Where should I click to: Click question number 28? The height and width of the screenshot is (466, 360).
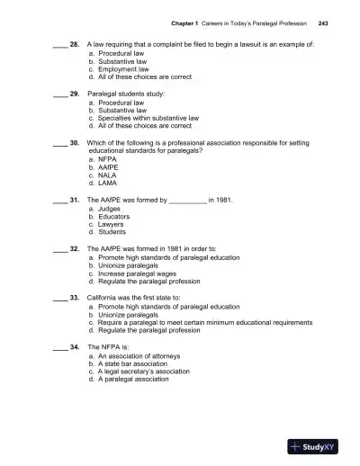pos(75,42)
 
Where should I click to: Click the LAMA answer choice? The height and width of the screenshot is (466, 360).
pos(109,183)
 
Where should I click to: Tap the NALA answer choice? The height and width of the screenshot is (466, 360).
pos(109,175)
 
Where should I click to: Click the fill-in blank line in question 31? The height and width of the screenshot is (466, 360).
pos(187,200)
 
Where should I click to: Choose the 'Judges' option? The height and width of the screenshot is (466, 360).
pos(112,209)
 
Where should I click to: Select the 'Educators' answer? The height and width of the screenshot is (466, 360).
pos(116,217)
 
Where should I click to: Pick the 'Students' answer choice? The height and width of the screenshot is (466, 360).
pos(114,232)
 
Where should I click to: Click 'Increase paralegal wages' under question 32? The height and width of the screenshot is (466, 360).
pos(139,274)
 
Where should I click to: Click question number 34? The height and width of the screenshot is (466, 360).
pos(75,346)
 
